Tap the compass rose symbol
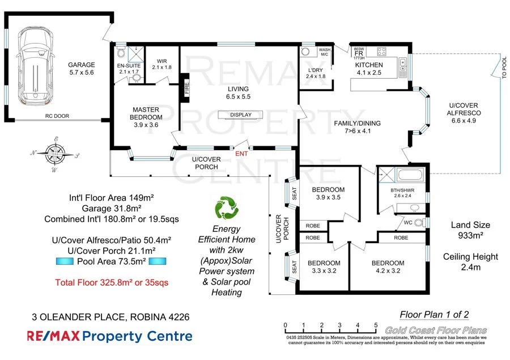pyautogui.click(x=54, y=153)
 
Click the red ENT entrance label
pyautogui.click(x=241, y=153)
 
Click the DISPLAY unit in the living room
pyautogui.click(x=240, y=115)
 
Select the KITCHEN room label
pyautogui.click(x=369, y=65)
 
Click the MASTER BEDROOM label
pyautogui.click(x=145, y=113)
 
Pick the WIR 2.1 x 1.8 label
pyautogui.click(x=161, y=65)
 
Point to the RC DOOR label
pyautogui.click(x=57, y=116)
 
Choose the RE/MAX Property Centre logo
pyautogui.click(x=110, y=336)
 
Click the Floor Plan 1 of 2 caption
pyautogui.click(x=434, y=315)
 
